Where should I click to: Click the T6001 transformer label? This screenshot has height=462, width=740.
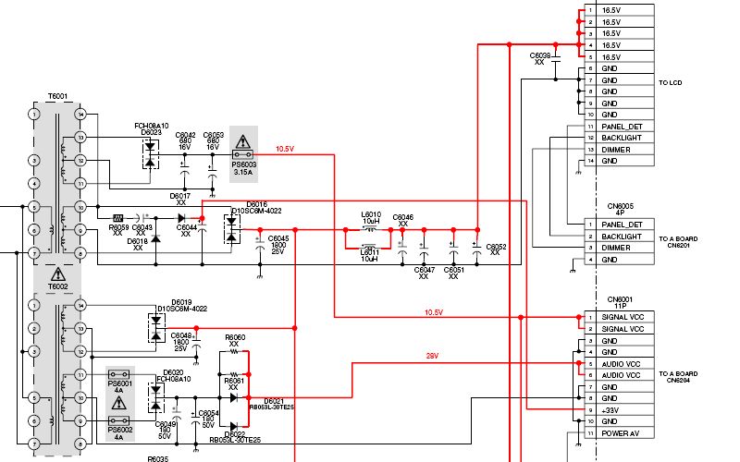click(x=57, y=96)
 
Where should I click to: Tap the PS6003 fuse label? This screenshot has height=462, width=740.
click(x=243, y=164)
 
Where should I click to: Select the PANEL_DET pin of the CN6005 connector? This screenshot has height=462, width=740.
click(x=622, y=225)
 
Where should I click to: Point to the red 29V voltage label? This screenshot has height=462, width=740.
click(x=431, y=356)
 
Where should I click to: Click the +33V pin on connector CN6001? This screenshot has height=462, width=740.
click(x=611, y=409)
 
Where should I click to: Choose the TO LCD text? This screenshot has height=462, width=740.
click(x=670, y=83)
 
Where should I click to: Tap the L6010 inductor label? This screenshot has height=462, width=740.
click(x=370, y=214)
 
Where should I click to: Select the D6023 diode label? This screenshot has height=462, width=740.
click(x=151, y=133)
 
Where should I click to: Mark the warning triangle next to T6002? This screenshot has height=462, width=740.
click(x=57, y=274)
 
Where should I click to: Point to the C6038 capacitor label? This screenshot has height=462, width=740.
click(x=540, y=56)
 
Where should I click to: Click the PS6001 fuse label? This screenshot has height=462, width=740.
click(x=120, y=383)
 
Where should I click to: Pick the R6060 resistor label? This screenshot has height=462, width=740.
click(x=236, y=337)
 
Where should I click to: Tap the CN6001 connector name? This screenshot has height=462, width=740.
click(x=620, y=298)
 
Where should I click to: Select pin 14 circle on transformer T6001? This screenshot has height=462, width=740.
click(x=80, y=115)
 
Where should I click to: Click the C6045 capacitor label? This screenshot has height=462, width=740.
click(x=278, y=238)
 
